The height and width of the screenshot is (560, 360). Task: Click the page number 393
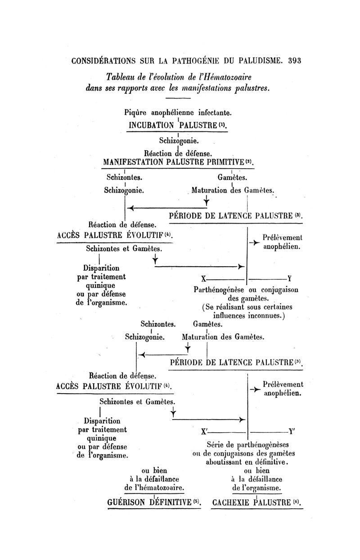(292, 61)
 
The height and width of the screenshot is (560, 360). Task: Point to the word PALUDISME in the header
(256, 61)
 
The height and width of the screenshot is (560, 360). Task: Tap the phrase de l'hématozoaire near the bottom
(155, 488)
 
